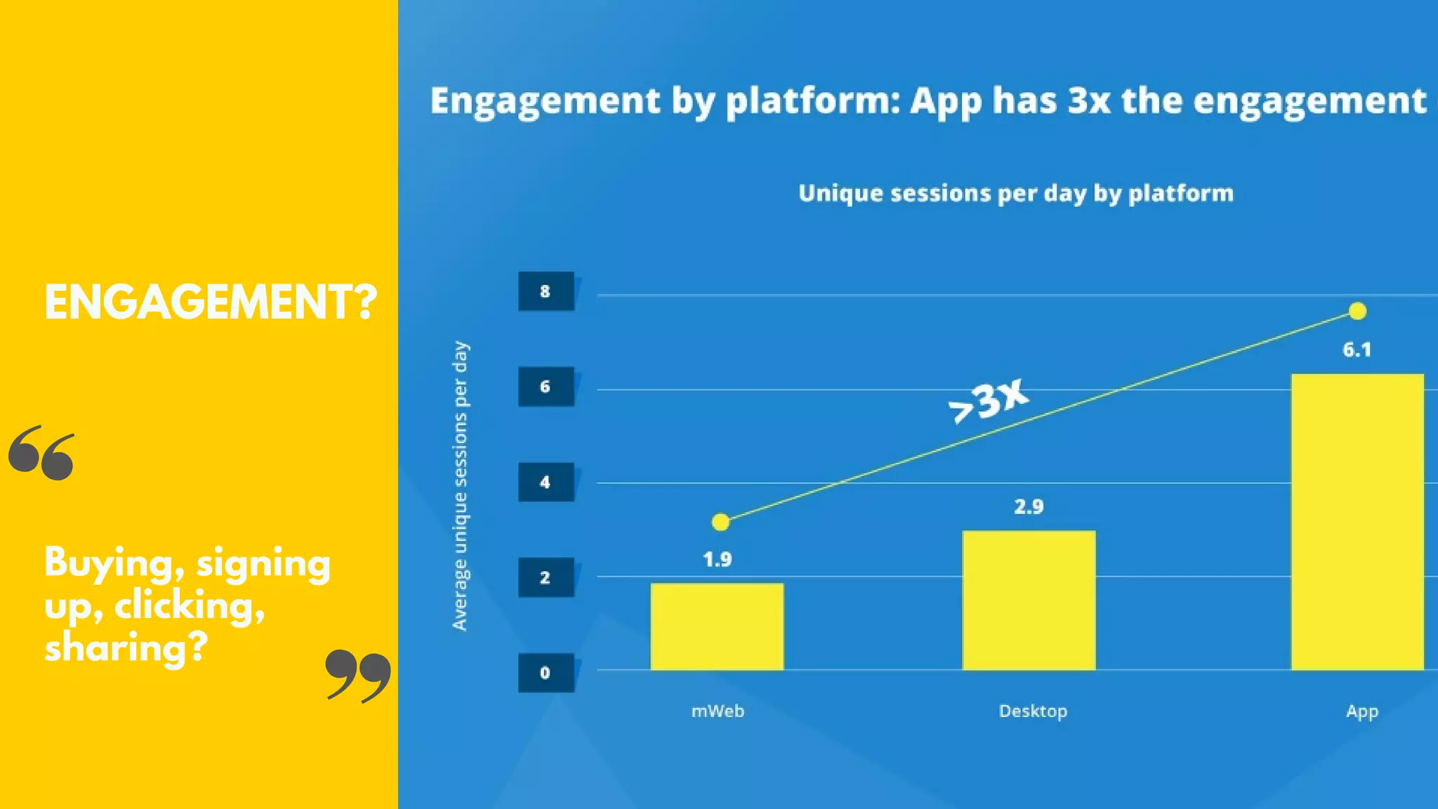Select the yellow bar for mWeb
click(x=717, y=626)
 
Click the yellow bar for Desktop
click(x=1029, y=600)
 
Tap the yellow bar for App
click(x=1357, y=522)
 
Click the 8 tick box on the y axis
click(x=546, y=291)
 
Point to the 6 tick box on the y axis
click(x=546, y=386)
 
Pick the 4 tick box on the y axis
click(x=546, y=482)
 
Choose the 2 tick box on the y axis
click(x=546, y=577)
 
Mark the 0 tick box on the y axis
click(x=546, y=673)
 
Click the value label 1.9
click(x=717, y=560)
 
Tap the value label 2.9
click(x=1029, y=506)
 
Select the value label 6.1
click(x=1357, y=350)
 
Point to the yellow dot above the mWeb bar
click(x=720, y=522)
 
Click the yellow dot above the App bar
click(x=1357, y=311)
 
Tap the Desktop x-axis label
click(x=1033, y=711)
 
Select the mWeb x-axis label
click(x=718, y=711)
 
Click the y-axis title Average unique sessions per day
click(x=460, y=486)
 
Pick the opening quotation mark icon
click(x=41, y=453)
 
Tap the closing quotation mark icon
click(x=358, y=676)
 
